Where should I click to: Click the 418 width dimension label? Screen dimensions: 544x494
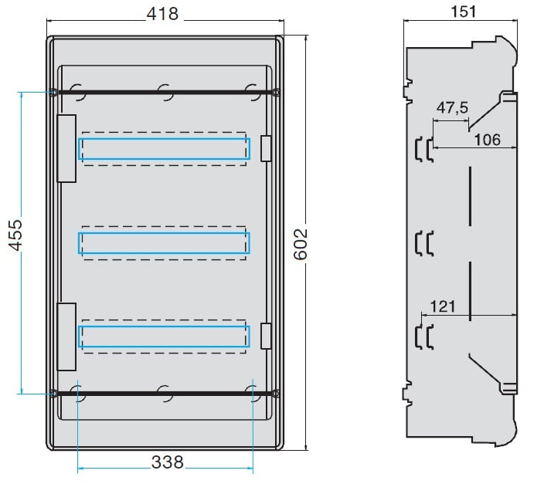point(162,14)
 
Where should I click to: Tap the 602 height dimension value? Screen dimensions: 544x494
point(301,244)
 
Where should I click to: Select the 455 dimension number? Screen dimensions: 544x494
point(15,235)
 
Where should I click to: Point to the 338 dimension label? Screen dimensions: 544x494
point(167,462)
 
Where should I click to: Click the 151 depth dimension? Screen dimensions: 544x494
point(463,12)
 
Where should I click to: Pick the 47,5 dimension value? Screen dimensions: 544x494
point(452,108)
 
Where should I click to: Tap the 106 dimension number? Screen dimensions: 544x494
point(488,140)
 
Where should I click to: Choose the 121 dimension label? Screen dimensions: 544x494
point(442,306)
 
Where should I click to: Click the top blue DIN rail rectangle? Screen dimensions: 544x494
point(164,140)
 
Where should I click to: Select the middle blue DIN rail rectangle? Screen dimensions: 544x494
point(164,233)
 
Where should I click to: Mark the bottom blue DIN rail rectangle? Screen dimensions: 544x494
point(164,327)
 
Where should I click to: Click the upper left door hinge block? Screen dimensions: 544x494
point(66,148)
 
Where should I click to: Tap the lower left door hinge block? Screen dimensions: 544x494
point(66,337)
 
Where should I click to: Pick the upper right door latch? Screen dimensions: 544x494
point(266,148)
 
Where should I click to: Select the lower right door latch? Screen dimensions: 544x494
point(266,336)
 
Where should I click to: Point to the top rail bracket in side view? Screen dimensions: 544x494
point(424,150)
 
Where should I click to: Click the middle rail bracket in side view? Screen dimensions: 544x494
point(424,243)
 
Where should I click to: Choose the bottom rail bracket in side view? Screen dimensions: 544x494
point(424,337)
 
